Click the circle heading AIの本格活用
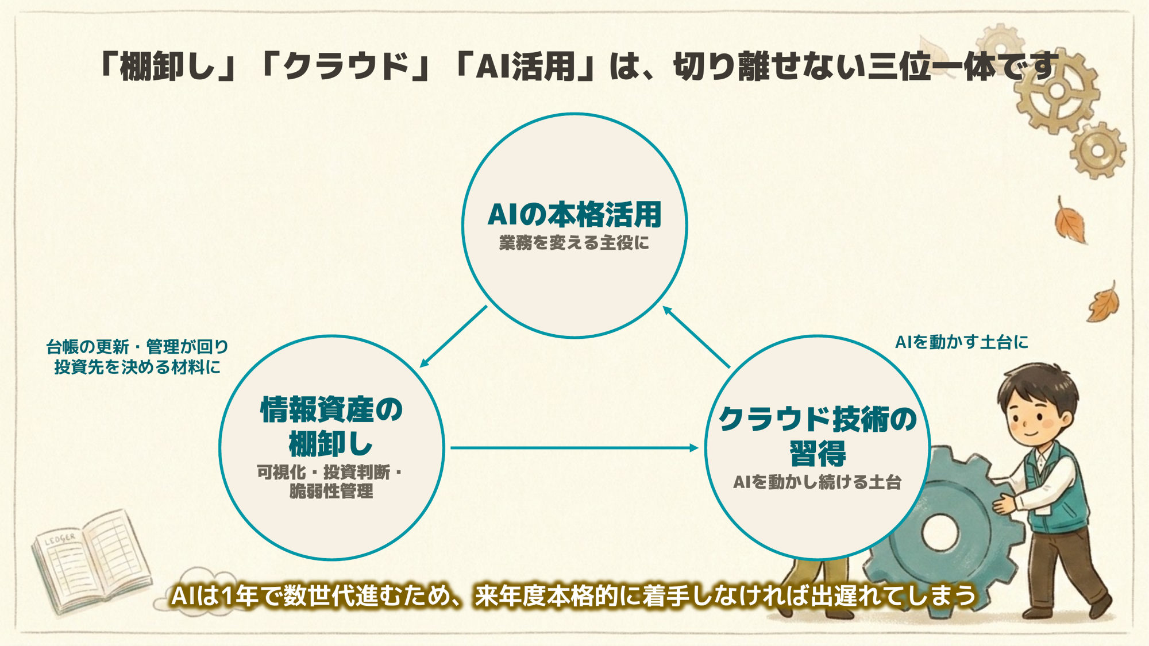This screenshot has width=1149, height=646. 574,214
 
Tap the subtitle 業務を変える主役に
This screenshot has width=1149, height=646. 574,243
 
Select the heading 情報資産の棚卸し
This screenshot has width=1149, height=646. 331,426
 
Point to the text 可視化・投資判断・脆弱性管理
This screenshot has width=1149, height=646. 331,482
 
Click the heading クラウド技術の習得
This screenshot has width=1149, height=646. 818,435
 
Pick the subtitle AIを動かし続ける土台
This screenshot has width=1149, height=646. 817,482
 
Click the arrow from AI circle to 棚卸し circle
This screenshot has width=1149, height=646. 454,336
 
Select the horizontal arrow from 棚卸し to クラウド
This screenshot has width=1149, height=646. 574,447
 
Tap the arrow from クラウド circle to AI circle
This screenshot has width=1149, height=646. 696,337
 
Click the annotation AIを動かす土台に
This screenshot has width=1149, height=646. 962,342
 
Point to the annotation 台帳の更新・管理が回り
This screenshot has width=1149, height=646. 137,347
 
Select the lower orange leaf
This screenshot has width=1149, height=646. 1103,302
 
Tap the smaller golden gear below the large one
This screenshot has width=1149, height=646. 1098,150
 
